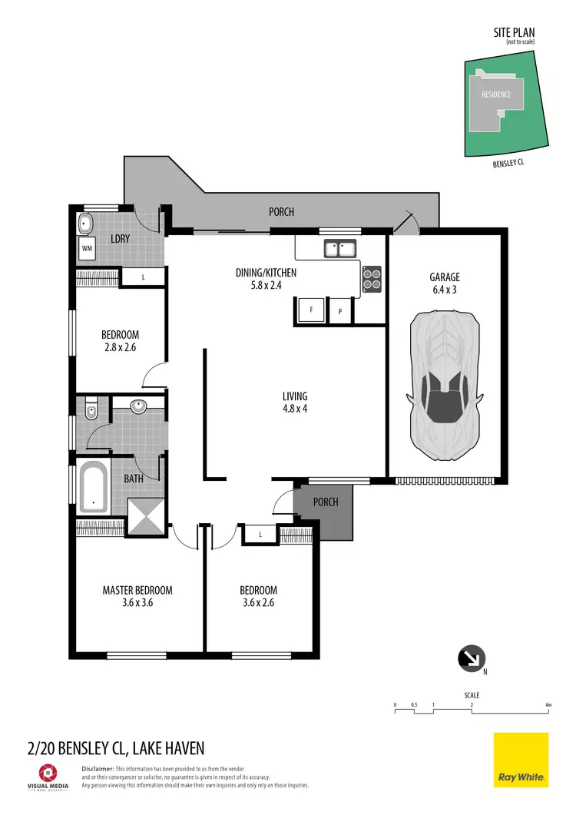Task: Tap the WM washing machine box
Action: click(86, 249)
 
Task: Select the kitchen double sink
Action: click(339, 248)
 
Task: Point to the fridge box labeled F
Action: click(311, 310)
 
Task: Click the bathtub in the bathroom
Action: click(94, 487)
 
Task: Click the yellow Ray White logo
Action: click(521, 760)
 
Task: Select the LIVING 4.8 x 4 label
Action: click(295, 403)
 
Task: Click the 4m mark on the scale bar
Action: click(548, 705)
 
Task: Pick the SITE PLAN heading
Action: click(514, 33)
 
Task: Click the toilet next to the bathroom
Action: click(91, 410)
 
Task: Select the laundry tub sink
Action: click(86, 224)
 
